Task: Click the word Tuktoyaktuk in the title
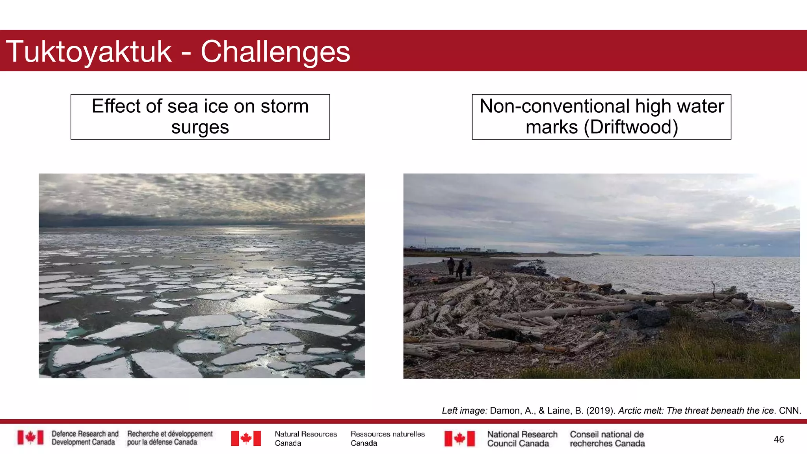pyautogui.click(x=89, y=52)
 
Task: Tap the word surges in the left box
pyautogui.click(x=200, y=127)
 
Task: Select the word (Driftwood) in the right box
pyautogui.click(x=631, y=127)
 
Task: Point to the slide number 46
pyautogui.click(x=779, y=439)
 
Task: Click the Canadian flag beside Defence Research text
pyautogui.click(x=30, y=438)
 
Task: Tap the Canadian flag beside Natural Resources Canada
pyautogui.click(x=246, y=438)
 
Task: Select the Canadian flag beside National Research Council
pyautogui.click(x=459, y=439)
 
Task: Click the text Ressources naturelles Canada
pyautogui.click(x=387, y=438)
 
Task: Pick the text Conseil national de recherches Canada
pyautogui.click(x=607, y=439)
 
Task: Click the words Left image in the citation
pyautogui.click(x=464, y=411)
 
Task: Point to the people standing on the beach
pyautogui.click(x=459, y=268)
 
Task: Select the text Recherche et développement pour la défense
pyautogui.click(x=169, y=438)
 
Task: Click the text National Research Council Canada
pyautogui.click(x=522, y=439)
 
